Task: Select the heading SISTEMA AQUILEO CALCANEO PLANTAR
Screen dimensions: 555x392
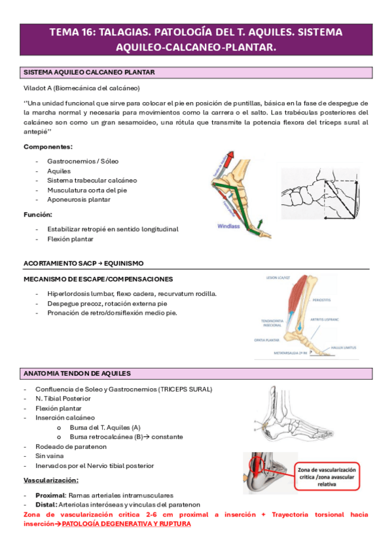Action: pyautogui.click(x=89, y=72)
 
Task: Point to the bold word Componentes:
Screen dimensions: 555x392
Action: pyautogui.click(x=48, y=147)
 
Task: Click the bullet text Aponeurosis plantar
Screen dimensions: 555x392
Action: pyautogui.click(x=79, y=199)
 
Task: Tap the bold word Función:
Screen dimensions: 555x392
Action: pyautogui.click(x=39, y=214)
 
